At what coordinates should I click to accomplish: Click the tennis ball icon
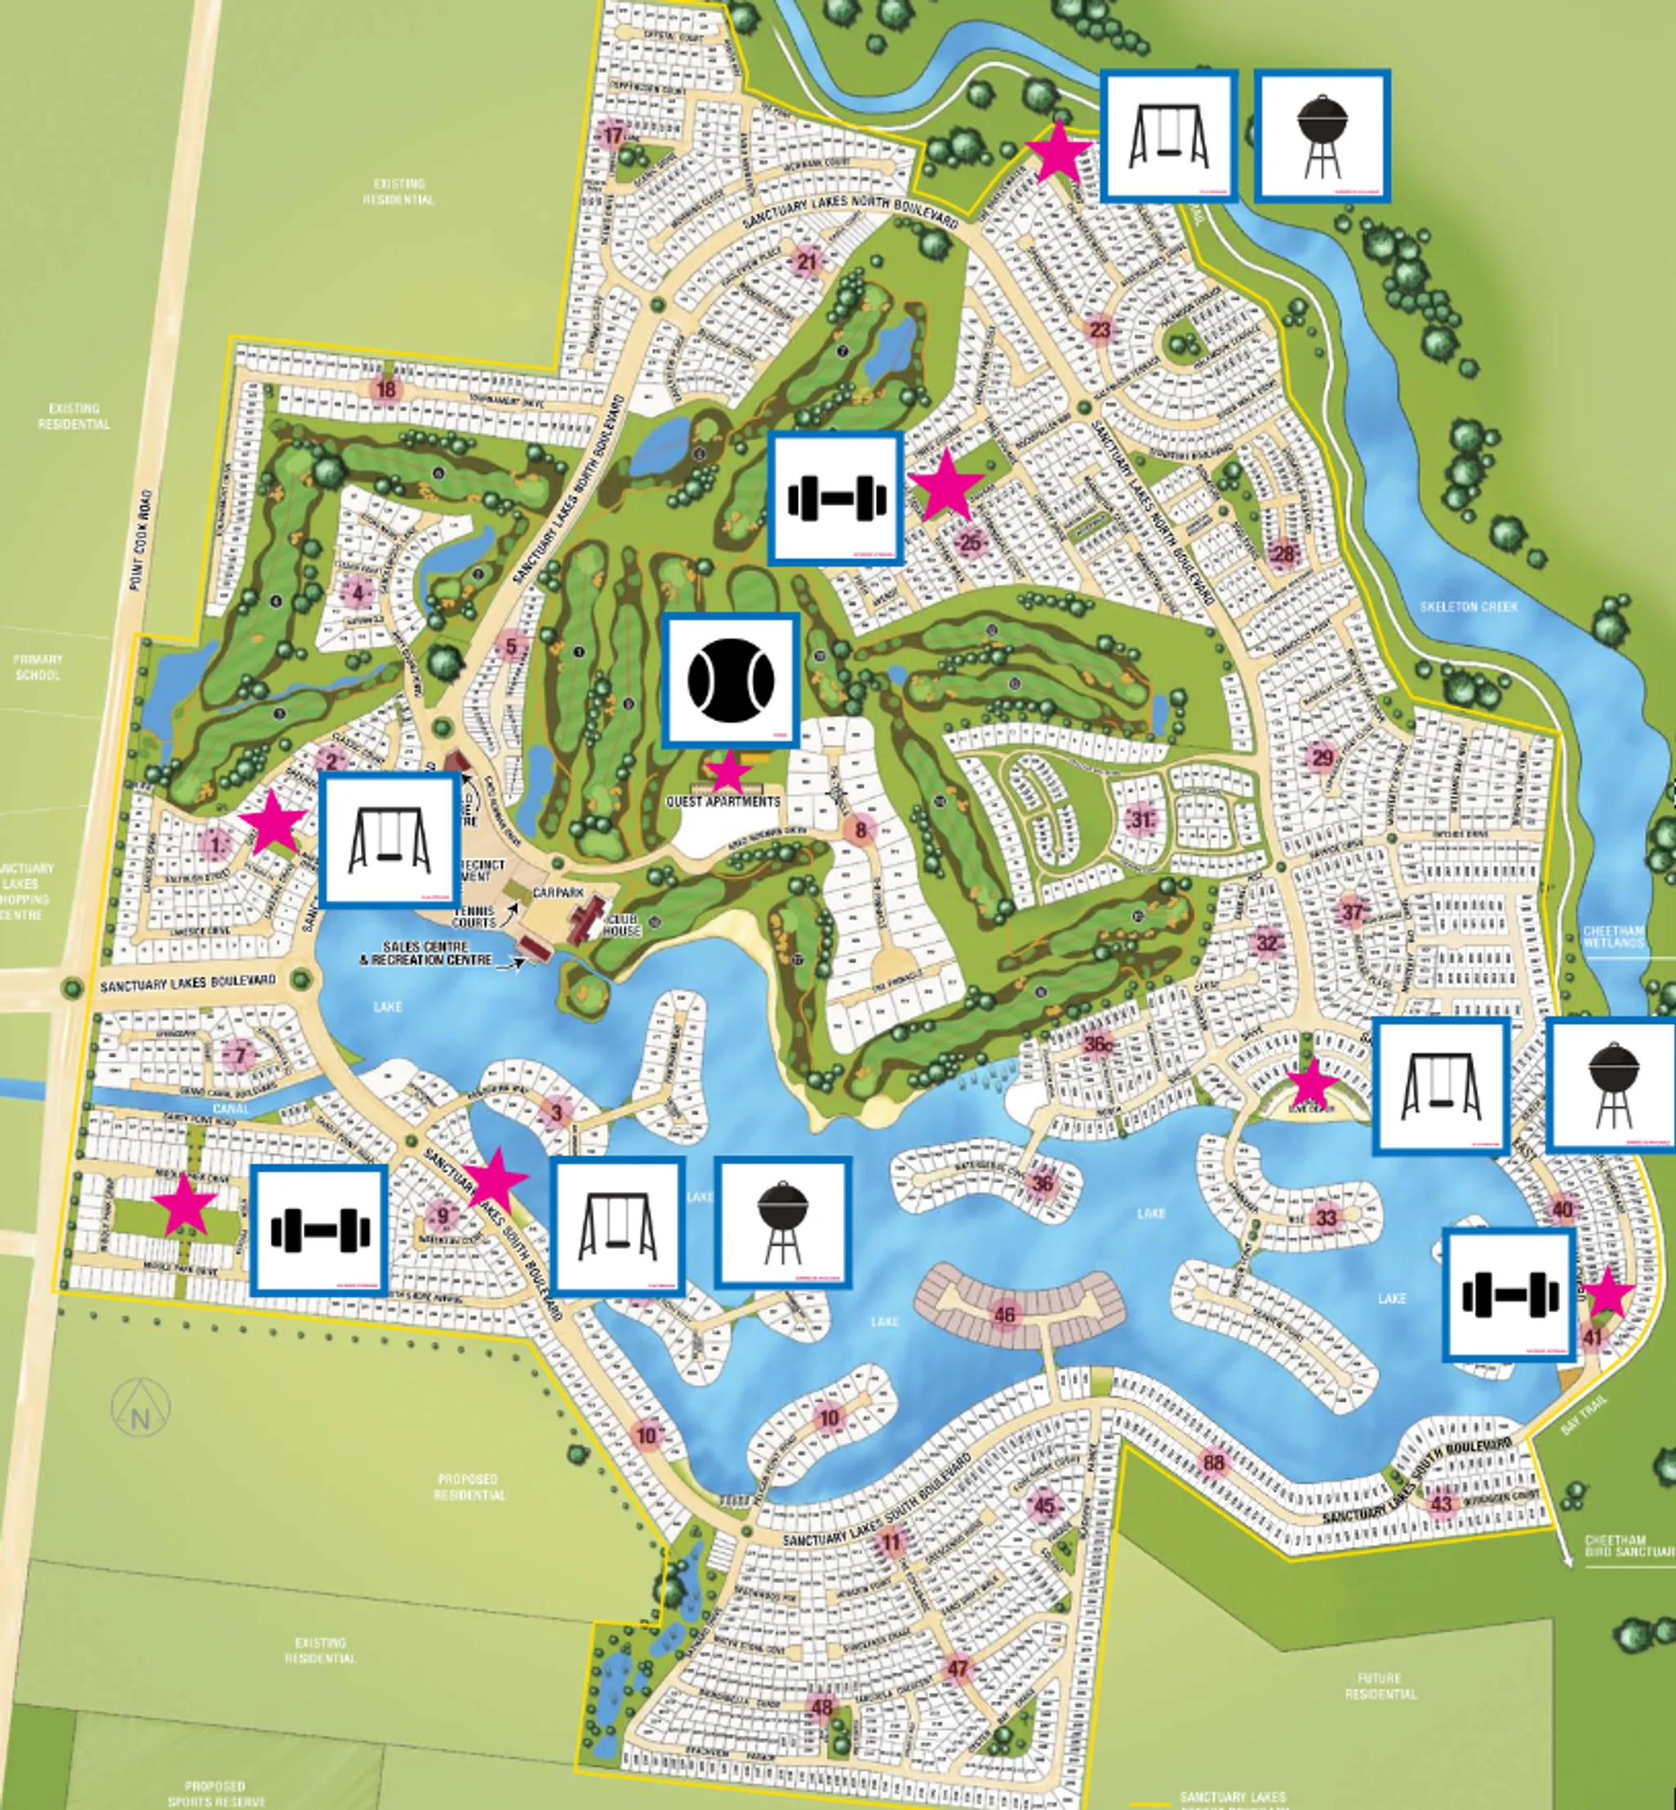[731, 679]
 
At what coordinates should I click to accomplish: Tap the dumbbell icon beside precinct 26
[836, 498]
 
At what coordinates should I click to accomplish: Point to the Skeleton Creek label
[1467, 606]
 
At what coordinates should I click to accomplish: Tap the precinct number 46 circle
[1005, 1315]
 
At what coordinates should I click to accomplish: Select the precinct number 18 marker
[386, 389]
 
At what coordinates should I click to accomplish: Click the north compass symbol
[141, 1407]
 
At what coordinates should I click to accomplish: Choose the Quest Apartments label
[723, 802]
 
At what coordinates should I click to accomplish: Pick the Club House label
[622, 924]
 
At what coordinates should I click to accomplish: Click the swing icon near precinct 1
[389, 838]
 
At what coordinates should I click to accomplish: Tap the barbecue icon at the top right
[1321, 137]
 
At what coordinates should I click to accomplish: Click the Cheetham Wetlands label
[1614, 937]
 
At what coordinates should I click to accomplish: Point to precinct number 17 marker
[614, 137]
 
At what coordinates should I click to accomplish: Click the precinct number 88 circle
[1214, 1461]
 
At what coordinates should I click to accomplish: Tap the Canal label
[230, 1108]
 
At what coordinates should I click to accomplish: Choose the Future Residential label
[1380, 1686]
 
